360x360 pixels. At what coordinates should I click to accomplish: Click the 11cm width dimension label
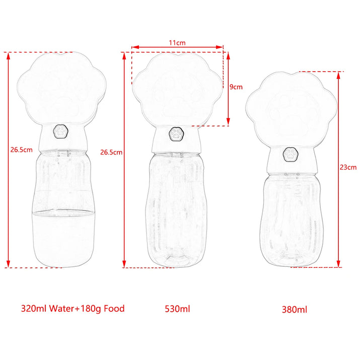point(177,43)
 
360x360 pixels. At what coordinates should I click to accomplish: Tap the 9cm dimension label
point(236,87)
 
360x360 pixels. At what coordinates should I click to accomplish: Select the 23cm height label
point(348,167)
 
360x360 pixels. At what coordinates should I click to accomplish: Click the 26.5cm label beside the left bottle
point(21,150)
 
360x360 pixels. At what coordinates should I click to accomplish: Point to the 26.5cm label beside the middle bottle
point(111,152)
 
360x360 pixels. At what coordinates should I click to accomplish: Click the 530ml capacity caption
point(177,309)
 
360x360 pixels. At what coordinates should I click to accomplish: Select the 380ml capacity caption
point(295,310)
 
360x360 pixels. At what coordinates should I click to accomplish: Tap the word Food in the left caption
point(114,308)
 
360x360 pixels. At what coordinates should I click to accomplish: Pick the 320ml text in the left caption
point(34,308)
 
